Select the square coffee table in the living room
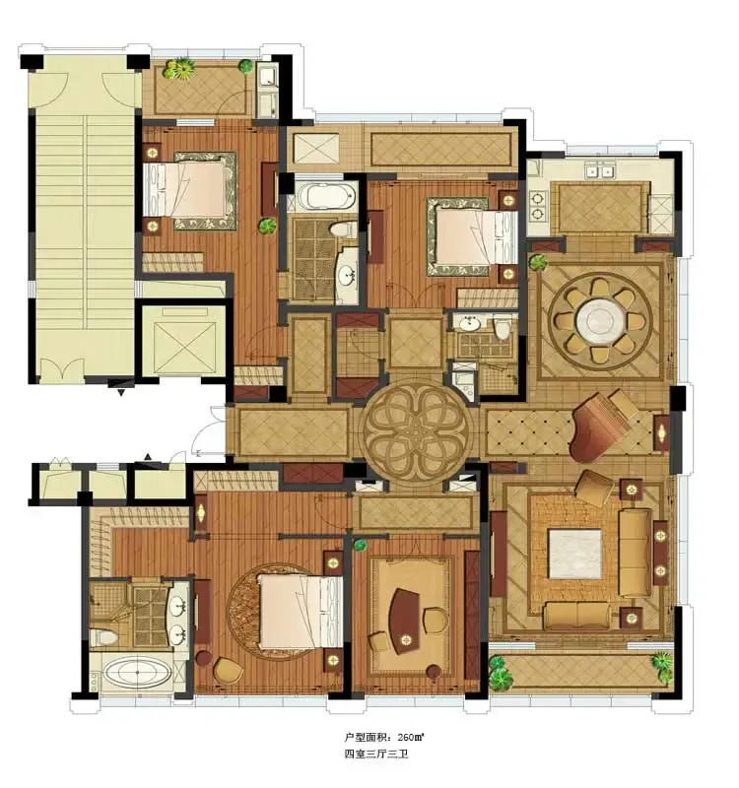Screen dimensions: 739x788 [574, 554]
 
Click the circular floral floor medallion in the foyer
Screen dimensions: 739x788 [416, 431]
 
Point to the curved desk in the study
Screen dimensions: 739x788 [405, 621]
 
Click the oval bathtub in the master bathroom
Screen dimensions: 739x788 [137, 673]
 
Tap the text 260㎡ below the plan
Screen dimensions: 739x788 [411, 737]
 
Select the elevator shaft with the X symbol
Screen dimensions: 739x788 [184, 340]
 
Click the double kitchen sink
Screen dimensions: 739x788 [600, 171]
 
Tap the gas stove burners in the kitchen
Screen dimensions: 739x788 [538, 205]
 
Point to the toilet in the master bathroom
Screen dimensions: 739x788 [104, 637]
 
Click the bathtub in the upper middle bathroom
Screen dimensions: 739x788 [325, 196]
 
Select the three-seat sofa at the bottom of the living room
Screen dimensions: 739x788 [576, 615]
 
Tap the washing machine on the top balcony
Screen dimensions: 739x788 [266, 77]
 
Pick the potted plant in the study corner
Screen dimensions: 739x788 [360, 545]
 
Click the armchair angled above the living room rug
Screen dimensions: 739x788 [595, 485]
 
